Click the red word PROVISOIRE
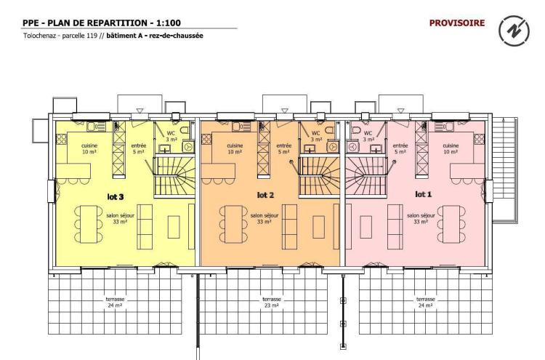tap(457, 23)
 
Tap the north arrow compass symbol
tap(514, 31)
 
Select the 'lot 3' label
tap(116, 197)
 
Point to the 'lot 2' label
tap(265, 195)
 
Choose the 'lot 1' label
tap(424, 194)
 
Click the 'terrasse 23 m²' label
tap(272, 303)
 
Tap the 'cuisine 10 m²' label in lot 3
tap(89, 148)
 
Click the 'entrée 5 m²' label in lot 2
tap(283, 148)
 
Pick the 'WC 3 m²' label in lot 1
tap(368, 136)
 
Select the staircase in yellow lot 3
tap(174, 177)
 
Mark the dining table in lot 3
tap(89, 224)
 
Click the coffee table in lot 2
tap(319, 227)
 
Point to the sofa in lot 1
tap(395, 226)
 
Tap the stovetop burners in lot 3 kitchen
tap(61, 139)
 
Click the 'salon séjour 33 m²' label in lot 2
tap(265, 218)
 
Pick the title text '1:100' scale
tap(169, 23)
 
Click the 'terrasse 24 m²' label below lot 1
tap(426, 303)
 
